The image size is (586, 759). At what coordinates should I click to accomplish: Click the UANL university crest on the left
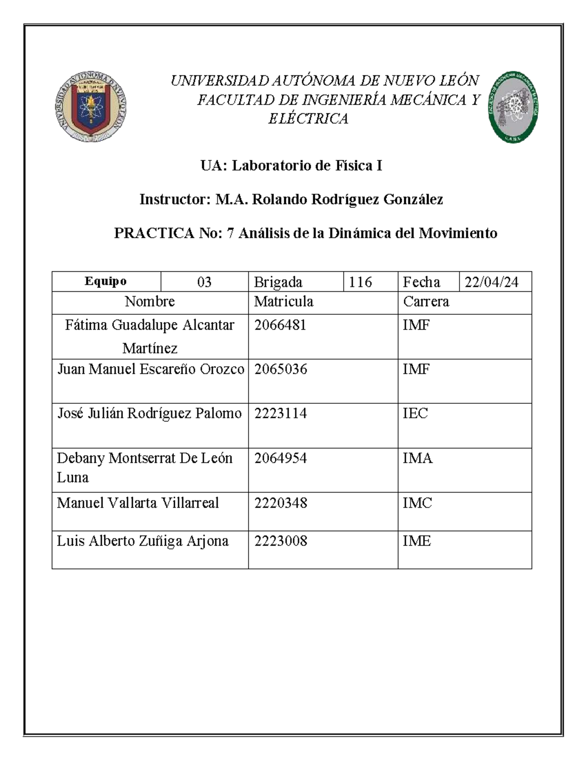tap(91, 107)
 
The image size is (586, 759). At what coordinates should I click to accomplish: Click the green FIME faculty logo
tap(513, 107)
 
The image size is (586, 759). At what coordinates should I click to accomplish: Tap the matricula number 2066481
tap(280, 325)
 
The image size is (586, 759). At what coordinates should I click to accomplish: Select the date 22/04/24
tap(491, 282)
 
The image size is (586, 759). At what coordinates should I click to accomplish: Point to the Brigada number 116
tap(360, 282)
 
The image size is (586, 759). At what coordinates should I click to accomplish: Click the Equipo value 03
tap(204, 282)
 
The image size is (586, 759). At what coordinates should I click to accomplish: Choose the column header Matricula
tap(284, 302)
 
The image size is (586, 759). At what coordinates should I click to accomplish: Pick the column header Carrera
tap(426, 302)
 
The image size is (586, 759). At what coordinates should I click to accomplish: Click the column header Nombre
tap(149, 302)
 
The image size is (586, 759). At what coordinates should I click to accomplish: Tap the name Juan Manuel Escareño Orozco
tap(150, 369)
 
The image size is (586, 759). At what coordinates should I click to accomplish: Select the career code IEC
tap(415, 413)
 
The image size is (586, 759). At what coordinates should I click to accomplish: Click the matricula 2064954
tap(280, 458)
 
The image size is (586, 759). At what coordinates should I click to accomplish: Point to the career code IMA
tap(418, 458)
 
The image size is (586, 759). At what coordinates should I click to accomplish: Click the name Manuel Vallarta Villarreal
tap(138, 503)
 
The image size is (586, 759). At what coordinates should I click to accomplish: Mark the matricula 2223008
tap(280, 541)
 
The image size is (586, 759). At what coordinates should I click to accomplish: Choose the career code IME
tap(417, 541)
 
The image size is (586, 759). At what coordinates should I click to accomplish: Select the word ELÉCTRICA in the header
tap(308, 119)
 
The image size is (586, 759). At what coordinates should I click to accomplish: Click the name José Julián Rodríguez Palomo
tap(149, 413)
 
